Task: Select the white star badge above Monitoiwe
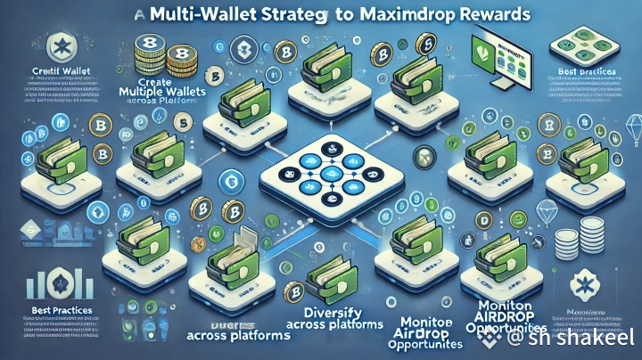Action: tap(588, 287)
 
